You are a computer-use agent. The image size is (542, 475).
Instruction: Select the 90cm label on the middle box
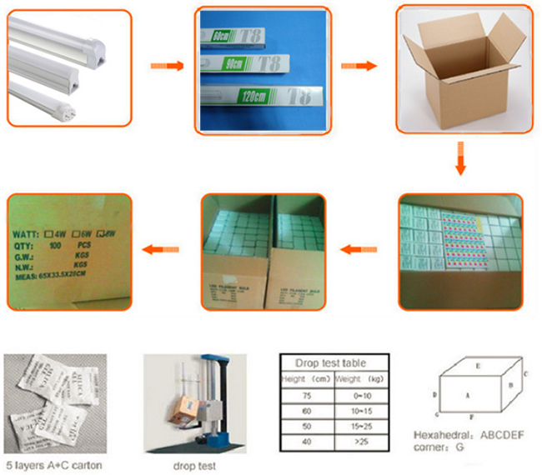tap(223, 68)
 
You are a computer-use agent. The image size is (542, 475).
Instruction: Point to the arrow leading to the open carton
tap(359, 66)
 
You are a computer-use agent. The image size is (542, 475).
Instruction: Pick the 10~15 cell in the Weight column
tap(361, 412)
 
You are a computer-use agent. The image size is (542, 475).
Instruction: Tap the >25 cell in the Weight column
tap(361, 441)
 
